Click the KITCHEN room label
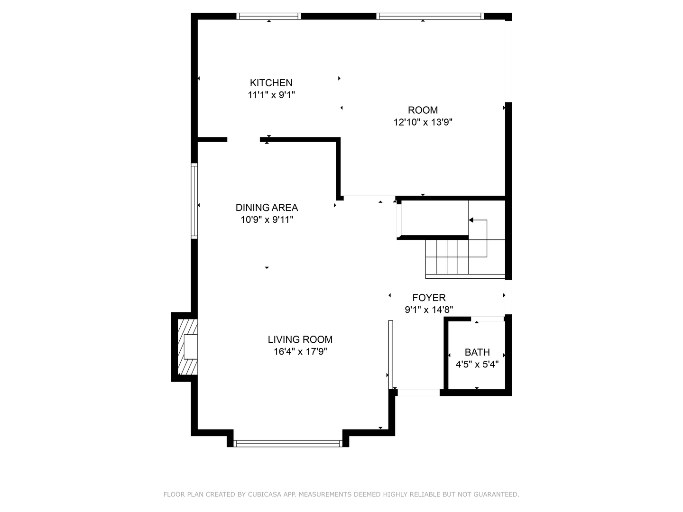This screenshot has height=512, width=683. pos(271,83)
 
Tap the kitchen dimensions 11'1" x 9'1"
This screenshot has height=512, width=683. pos(271,95)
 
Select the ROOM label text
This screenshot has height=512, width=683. pos(423,110)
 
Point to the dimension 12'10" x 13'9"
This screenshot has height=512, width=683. pos(423,122)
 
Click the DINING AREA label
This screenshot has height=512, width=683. pos(267,208)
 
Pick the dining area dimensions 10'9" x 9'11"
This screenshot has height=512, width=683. pos(267,220)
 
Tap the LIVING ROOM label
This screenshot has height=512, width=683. pos(300,339)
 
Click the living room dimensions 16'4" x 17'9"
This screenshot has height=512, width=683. pos(300,352)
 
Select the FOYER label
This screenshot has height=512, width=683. pos(429,298)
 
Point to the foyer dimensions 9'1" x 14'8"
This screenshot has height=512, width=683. pos(429,310)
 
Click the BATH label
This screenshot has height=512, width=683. pos(477,352)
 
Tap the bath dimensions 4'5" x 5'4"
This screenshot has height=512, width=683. pos(477,364)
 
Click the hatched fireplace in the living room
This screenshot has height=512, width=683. pos(187,347)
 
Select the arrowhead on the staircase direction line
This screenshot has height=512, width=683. pos(471,220)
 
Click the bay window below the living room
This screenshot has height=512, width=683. pos(288,444)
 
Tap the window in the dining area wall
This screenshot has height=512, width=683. pos(194,201)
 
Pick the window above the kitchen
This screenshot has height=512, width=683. pos(268,16)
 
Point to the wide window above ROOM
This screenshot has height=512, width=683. pos(430,16)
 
